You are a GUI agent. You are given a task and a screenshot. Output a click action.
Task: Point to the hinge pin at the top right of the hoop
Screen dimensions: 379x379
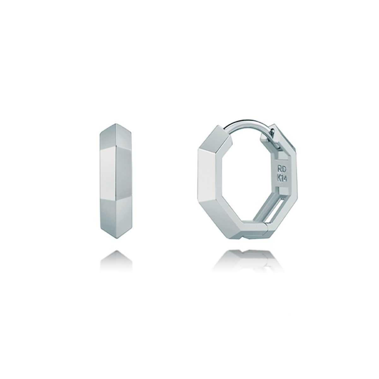pos(273,131)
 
